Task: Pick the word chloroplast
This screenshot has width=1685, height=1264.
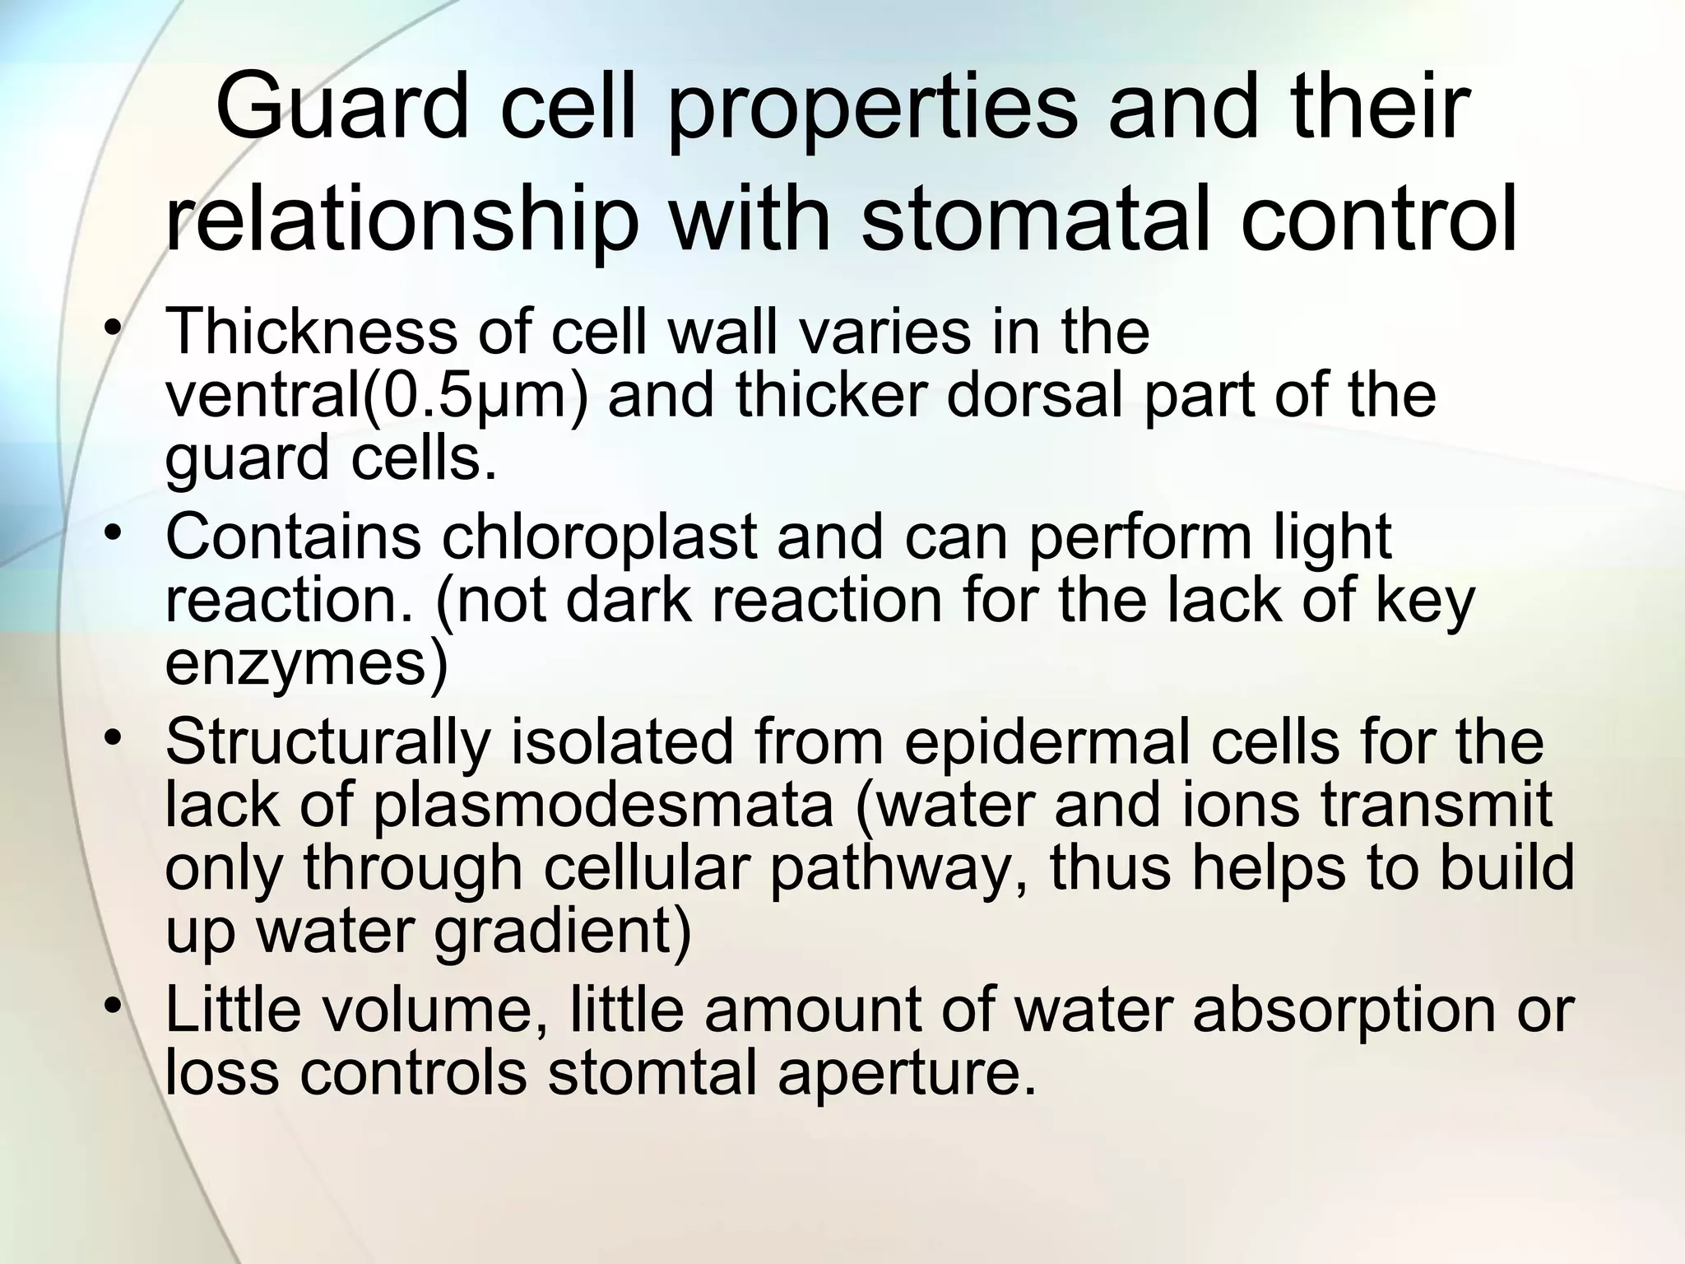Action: [x=599, y=537]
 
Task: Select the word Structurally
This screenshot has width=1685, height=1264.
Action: [x=327, y=742]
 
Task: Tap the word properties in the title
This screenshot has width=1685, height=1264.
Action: [x=870, y=107]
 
